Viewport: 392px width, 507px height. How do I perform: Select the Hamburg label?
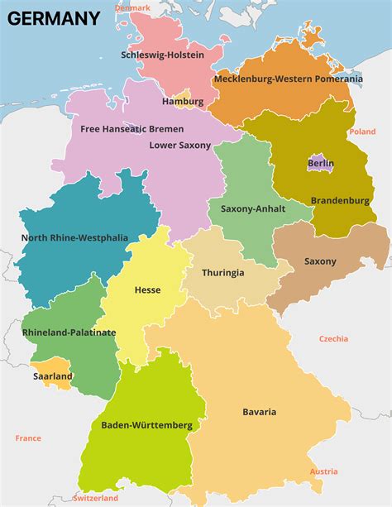pos(183,102)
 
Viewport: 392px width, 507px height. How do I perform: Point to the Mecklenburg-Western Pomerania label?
pos(288,79)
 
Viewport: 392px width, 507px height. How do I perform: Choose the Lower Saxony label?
pos(179,146)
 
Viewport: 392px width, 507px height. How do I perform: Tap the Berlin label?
pos(321,165)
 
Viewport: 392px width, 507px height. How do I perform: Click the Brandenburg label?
pos(340,200)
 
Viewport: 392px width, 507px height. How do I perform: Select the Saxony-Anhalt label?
pos(246,209)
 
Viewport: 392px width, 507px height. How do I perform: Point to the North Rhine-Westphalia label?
pos(74,238)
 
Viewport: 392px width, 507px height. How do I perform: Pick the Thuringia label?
pos(222,273)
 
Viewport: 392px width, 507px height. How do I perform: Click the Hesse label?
pos(147,290)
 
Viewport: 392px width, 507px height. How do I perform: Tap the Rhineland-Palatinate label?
pos(69,332)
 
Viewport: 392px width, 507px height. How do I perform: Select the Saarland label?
pos(52,376)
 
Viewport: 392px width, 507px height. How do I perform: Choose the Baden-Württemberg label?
pos(146,425)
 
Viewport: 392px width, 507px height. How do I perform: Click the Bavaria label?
pos(259,412)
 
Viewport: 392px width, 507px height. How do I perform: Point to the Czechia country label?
pos(333,339)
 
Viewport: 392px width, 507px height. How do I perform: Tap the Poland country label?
pos(361,132)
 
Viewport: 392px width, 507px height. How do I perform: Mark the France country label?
pos(27,438)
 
